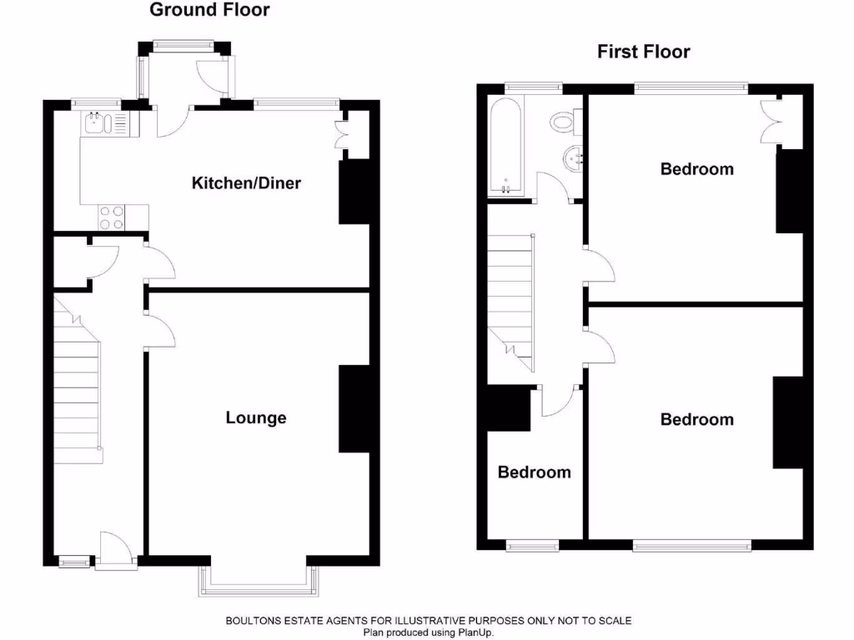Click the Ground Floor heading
pos(209,11)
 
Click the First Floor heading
pos(643,52)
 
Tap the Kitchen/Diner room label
pos(246,183)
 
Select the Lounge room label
pos(256,417)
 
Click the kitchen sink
pos(94,125)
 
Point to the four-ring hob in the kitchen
pos(113,217)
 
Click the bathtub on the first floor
pos(506,147)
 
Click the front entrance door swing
pos(115,550)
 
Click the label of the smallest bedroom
pos(534,472)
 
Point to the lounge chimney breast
pos(353,409)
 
